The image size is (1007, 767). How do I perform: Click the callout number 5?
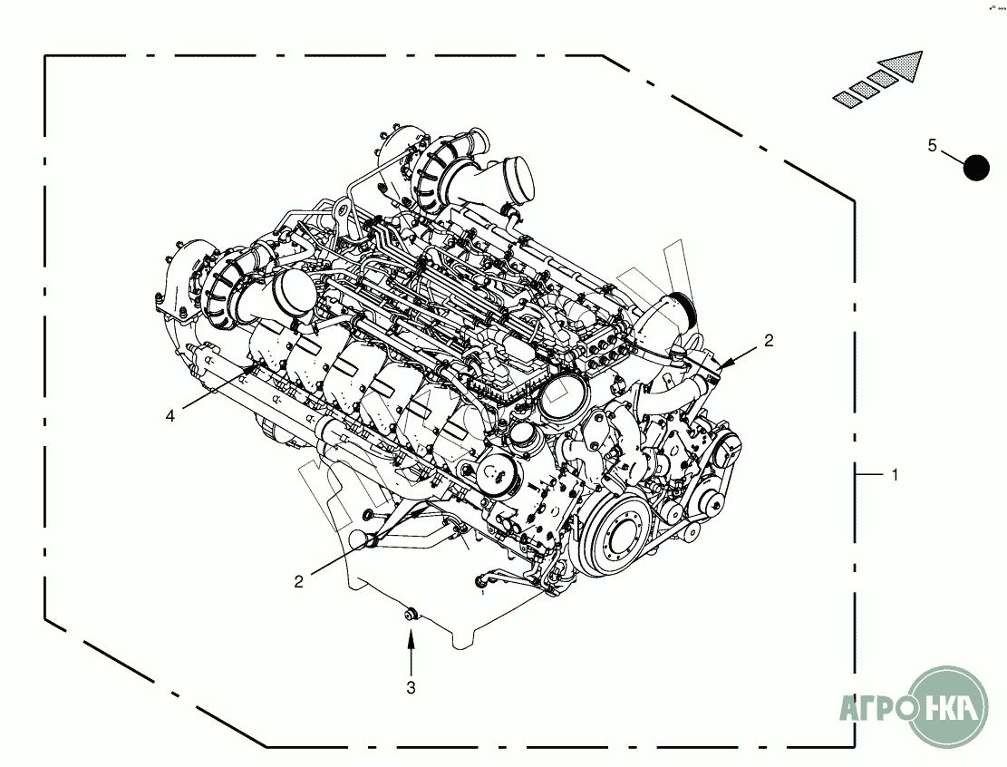tap(933, 145)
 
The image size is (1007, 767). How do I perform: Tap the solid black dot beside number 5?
tap(976, 168)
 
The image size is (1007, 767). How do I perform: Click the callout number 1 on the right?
tap(895, 475)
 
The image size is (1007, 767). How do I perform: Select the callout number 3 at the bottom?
tap(411, 687)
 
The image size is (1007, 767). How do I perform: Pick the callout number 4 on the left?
tap(170, 416)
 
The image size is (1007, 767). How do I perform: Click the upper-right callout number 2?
tap(769, 341)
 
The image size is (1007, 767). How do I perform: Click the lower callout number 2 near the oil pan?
tap(298, 581)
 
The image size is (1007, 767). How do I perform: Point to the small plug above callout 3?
tap(411, 614)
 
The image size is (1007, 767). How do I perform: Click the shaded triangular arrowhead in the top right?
tap(900, 65)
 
